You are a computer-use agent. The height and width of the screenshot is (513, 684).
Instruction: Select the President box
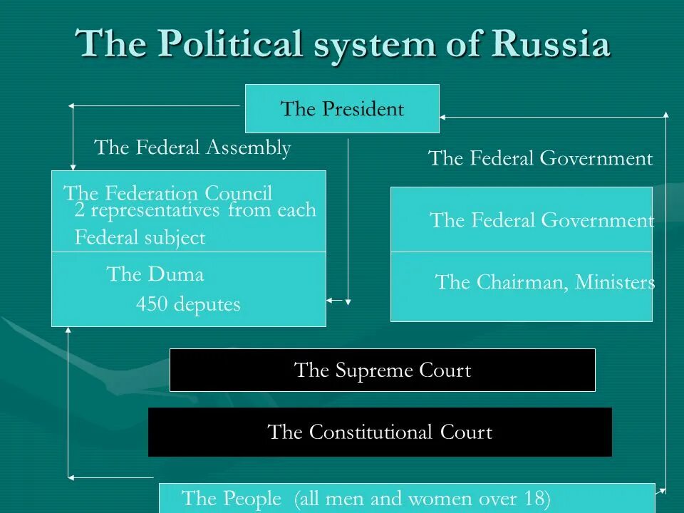click(x=342, y=108)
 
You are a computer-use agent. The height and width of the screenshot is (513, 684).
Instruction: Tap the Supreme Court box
click(x=382, y=370)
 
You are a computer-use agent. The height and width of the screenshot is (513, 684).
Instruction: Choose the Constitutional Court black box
click(x=380, y=432)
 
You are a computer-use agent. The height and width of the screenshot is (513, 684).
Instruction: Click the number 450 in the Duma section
click(x=151, y=305)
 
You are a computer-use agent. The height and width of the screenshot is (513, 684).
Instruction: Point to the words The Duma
click(x=155, y=274)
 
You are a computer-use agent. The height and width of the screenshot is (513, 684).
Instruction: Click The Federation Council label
click(x=168, y=193)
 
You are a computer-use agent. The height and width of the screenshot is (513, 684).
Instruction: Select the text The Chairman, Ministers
click(x=544, y=282)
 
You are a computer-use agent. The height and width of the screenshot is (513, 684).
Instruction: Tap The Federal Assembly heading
click(x=192, y=147)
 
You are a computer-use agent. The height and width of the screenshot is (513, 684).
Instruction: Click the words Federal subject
click(x=140, y=238)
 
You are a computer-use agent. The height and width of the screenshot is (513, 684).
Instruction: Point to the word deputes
click(x=207, y=305)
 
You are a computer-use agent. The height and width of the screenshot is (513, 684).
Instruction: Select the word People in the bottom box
click(x=252, y=499)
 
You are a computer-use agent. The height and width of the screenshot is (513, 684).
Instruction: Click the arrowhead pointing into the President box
click(x=443, y=115)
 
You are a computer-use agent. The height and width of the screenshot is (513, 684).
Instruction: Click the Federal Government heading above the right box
click(x=540, y=158)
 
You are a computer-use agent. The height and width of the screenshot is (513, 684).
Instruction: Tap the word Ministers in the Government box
click(x=615, y=282)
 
